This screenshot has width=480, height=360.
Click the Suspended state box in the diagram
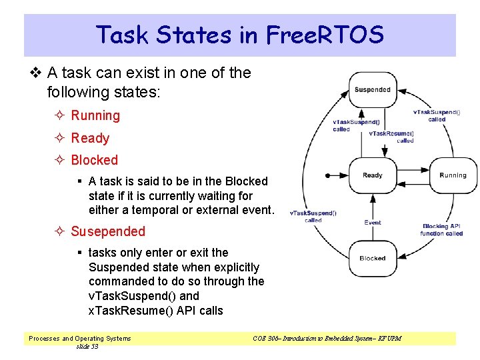(373, 90)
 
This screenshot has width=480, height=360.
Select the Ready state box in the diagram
(373, 176)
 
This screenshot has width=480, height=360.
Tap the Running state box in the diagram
(453, 176)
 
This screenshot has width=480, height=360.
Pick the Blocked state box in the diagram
(373, 259)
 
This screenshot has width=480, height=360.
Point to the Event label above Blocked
(373, 223)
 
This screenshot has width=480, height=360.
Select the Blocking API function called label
(441, 230)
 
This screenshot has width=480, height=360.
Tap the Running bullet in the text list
(95, 116)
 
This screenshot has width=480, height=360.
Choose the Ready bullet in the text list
(90, 139)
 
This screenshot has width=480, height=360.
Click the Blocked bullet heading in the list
(94, 161)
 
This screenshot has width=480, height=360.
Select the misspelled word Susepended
(108, 232)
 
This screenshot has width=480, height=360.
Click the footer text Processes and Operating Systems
(80, 339)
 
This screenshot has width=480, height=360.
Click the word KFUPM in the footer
(390, 339)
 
